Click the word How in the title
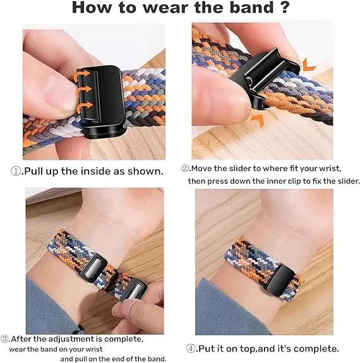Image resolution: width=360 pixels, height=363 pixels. point(94,9)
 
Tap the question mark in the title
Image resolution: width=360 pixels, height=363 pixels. point(284,9)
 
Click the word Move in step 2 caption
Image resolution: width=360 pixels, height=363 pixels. point(204,169)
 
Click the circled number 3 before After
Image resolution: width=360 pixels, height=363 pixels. point(5,339)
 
